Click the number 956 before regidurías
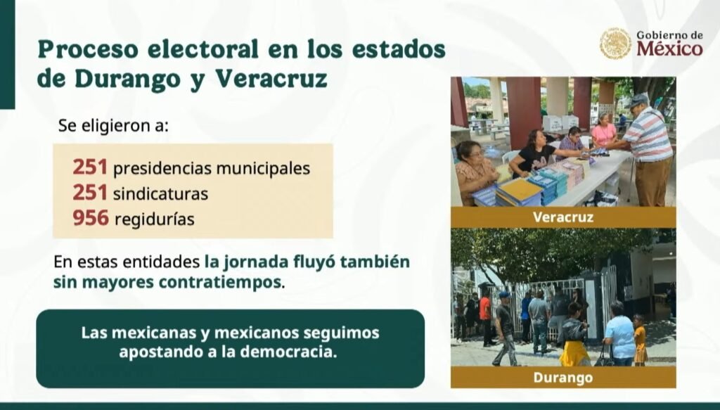91,218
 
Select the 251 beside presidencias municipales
90,167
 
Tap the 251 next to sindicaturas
90,193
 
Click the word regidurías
154,219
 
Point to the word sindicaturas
160,194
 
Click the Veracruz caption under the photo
563,217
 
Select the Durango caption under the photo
563,378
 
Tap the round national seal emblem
615,44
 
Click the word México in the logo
669,49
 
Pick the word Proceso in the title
88,49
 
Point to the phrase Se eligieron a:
113,125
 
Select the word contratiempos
219,281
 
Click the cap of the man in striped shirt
638,100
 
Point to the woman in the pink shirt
604,129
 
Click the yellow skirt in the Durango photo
574,354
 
